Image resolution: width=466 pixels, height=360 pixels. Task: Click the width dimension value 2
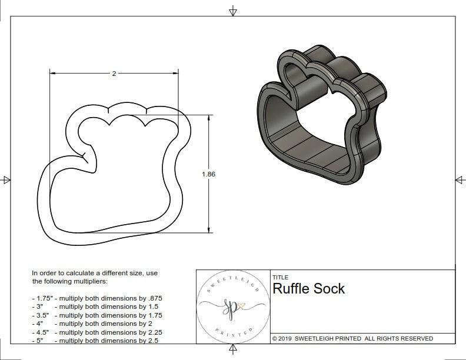114,74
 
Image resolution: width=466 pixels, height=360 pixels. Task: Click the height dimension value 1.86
208,174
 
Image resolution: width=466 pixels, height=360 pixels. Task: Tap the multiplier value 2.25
151,332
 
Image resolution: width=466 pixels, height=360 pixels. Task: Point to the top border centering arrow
233,11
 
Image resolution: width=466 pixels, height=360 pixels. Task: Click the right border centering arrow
459,180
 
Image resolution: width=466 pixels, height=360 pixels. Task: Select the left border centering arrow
6,180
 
